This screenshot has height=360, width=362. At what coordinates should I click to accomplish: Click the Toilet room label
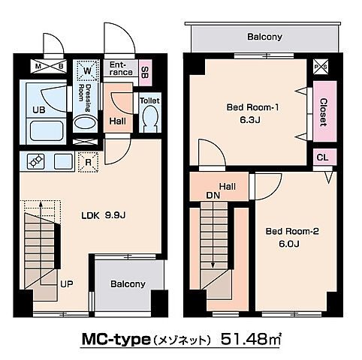pos(150,100)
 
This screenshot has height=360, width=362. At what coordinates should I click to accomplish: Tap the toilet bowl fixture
pos(149,118)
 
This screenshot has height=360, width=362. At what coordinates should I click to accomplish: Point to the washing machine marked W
pos(89,70)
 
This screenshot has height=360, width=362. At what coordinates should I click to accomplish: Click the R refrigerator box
pos(89,159)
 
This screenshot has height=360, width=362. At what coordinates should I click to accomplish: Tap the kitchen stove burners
pos(37,160)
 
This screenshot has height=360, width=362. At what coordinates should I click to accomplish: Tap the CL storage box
pos(322,157)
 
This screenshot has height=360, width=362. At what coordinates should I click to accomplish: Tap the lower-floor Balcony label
pos(127,284)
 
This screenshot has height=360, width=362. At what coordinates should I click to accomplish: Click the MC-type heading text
pos(116,339)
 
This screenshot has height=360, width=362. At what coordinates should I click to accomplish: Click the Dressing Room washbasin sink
pos(86,123)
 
